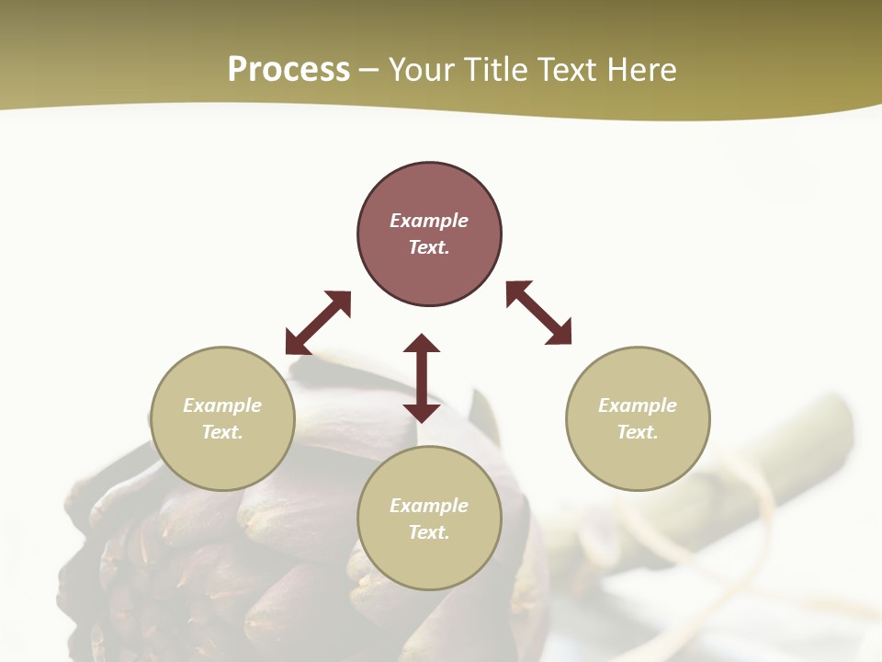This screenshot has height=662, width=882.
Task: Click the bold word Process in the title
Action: pos(288,70)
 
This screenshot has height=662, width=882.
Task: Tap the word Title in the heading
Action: pos(495,70)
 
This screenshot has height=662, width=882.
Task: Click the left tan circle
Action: pos(222,460)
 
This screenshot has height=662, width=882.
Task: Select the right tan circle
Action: pos(638,460)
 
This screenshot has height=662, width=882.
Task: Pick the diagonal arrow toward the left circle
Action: pos(318,323)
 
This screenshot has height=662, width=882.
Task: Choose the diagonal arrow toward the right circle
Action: pos(538,313)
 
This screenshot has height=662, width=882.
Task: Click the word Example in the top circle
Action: pos(429,221)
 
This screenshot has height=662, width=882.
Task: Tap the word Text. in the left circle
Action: pos(222,432)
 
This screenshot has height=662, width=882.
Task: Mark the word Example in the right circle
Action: pos(638,405)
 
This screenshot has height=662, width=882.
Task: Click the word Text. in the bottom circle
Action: pos(429,532)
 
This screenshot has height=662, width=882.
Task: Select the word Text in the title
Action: pos(568,70)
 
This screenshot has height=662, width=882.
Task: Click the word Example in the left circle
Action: pos(222,405)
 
